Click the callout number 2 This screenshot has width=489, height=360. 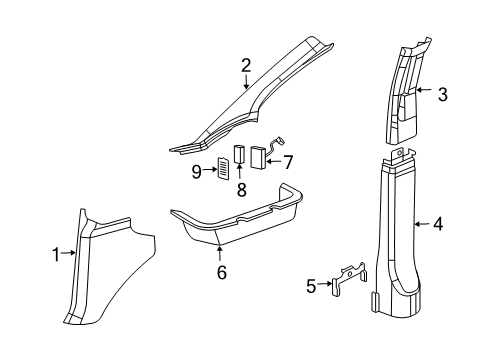coord(245,67)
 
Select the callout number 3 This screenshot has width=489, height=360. coord(442,95)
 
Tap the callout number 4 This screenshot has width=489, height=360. coord(437,224)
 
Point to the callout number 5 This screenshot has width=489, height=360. coord(312,287)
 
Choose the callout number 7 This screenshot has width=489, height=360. coord(288,160)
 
